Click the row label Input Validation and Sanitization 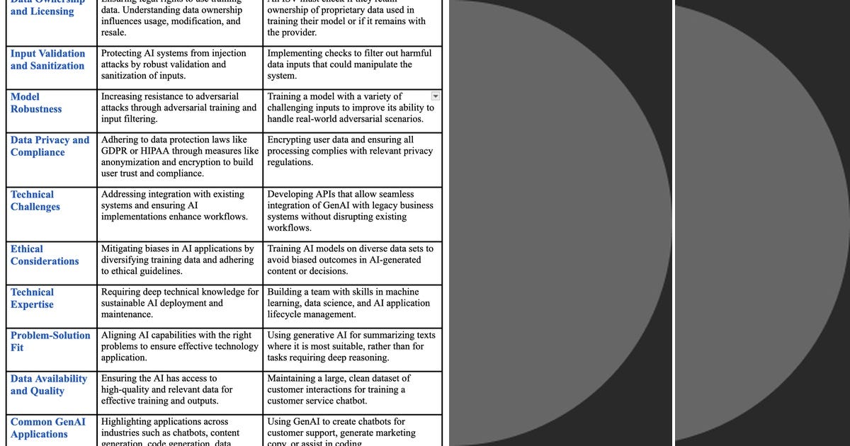[47, 59]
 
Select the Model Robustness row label [35, 103]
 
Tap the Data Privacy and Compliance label [50, 146]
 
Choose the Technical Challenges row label [35, 200]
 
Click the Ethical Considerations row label [45, 255]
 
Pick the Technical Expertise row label [32, 298]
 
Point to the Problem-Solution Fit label [50, 341]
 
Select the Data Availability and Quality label [48, 384]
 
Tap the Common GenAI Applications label [47, 428]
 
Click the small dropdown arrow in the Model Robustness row [436, 96]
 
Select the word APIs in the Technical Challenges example [328, 194]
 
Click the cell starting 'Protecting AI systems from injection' [179, 64]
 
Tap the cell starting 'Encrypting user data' [351, 151]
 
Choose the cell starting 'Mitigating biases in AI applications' [179, 260]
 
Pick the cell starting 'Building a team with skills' [351, 303]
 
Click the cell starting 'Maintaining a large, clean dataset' [351, 389]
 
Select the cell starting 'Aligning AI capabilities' [179, 346]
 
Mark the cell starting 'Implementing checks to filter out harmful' [351, 64]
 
